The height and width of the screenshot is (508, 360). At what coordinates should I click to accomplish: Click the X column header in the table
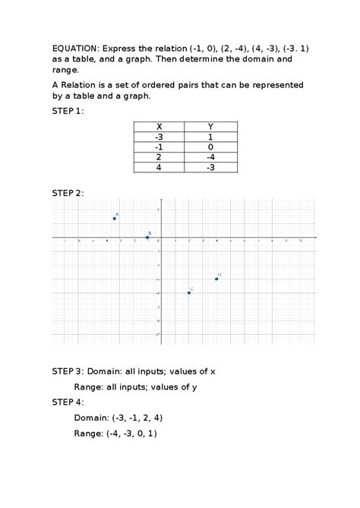click(159, 127)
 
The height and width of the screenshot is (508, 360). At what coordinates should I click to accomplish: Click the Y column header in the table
click(210, 127)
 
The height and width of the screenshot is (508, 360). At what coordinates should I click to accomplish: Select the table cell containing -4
click(210, 156)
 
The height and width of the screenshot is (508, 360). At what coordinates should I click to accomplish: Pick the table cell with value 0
click(210, 147)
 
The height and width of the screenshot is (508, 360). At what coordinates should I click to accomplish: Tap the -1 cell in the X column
click(159, 147)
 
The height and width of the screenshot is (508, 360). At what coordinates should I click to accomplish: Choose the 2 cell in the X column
click(159, 156)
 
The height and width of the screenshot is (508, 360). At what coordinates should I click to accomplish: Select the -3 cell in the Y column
click(210, 166)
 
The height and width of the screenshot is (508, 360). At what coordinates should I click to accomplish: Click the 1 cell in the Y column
click(210, 137)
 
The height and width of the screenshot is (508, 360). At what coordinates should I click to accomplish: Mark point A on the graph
click(114, 219)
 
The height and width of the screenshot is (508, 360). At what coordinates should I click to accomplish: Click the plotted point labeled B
click(147, 238)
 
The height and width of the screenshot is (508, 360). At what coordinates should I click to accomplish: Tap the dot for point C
click(189, 292)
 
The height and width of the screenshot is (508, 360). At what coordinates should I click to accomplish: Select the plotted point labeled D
click(216, 279)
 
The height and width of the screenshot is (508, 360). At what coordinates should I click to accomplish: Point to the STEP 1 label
click(68, 110)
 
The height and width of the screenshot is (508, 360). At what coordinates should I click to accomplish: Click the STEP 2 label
click(68, 193)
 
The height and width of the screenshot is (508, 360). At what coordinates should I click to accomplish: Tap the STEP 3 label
click(68, 371)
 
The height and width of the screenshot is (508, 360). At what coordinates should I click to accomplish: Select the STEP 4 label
click(68, 402)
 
